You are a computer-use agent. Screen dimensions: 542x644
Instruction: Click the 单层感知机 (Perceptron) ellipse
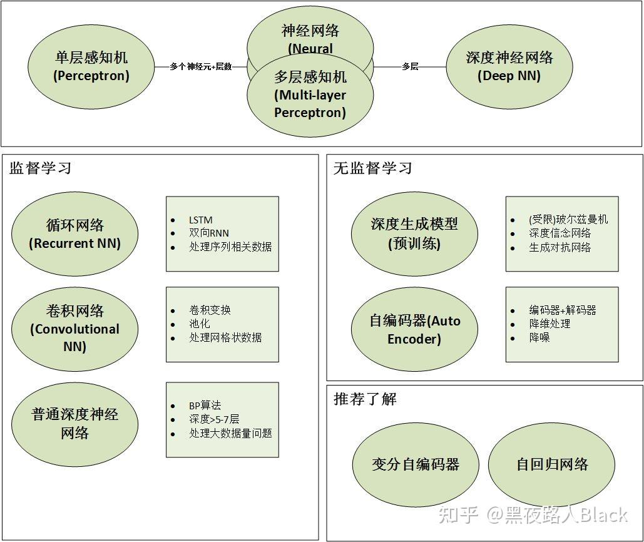[x=91, y=66]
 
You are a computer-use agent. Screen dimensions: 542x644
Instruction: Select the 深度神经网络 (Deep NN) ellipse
[x=509, y=66]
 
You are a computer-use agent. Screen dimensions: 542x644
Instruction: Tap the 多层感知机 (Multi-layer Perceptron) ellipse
[x=310, y=95]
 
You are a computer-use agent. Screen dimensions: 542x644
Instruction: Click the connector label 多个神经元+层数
[x=200, y=66]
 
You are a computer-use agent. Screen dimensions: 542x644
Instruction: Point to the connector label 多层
[x=410, y=66]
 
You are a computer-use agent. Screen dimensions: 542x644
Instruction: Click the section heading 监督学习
[x=41, y=168]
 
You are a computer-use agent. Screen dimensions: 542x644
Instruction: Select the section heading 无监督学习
[x=373, y=168]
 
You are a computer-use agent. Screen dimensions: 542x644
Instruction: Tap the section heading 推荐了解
[x=365, y=399]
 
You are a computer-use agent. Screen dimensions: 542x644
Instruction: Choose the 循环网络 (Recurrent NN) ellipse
[x=74, y=234]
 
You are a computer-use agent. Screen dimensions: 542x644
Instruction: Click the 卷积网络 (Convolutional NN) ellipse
[x=74, y=328]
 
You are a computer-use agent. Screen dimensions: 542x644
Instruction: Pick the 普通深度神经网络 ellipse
[x=74, y=424]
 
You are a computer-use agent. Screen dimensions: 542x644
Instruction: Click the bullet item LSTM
[x=201, y=220]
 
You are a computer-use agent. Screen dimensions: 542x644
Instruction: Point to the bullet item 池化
[x=200, y=324]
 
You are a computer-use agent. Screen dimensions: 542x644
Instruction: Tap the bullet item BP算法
[x=205, y=406]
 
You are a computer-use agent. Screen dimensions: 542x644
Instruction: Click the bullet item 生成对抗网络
[x=560, y=247]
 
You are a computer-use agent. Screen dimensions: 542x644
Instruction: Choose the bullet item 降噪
[x=539, y=338]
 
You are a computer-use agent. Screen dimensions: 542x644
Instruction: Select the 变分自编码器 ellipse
[x=416, y=464]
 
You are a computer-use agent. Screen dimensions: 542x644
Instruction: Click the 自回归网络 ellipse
[x=552, y=464]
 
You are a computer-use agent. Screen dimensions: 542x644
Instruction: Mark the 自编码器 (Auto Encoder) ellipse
[x=414, y=330]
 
